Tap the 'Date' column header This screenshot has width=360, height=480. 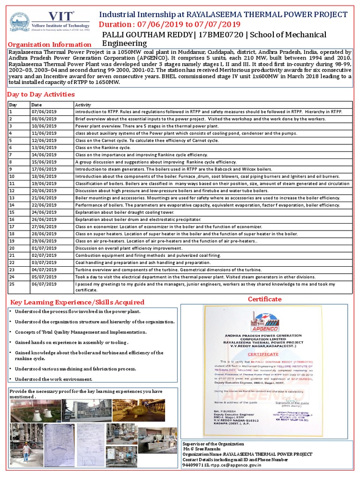pyautogui.click(x=37, y=105)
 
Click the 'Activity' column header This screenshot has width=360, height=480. pyautogui.click(x=83, y=105)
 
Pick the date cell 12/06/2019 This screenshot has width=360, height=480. pyautogui.click(x=44, y=141)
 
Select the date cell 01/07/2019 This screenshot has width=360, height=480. pyautogui.click(x=44, y=248)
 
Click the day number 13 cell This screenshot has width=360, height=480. pyautogui.click(x=13, y=198)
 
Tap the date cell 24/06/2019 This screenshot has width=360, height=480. pyautogui.click(x=44, y=212)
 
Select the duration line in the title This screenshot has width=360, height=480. pyautogui.click(x=171, y=24)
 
